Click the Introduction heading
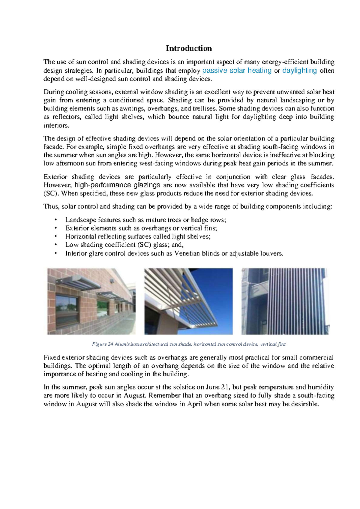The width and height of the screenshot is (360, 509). pyautogui.click(x=189, y=48)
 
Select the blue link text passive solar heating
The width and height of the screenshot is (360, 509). pyautogui.click(x=237, y=71)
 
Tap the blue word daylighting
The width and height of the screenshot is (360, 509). pyautogui.click(x=299, y=71)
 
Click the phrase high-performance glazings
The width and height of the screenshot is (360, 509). pyautogui.click(x=117, y=185)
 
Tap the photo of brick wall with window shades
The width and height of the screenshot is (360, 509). pyautogui.click(x=91, y=301)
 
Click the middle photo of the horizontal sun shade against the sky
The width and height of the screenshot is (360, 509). pyautogui.click(x=188, y=301)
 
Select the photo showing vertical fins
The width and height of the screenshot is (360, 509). pyautogui.click(x=285, y=301)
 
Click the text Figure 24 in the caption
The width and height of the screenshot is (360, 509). pyautogui.click(x=102, y=344)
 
